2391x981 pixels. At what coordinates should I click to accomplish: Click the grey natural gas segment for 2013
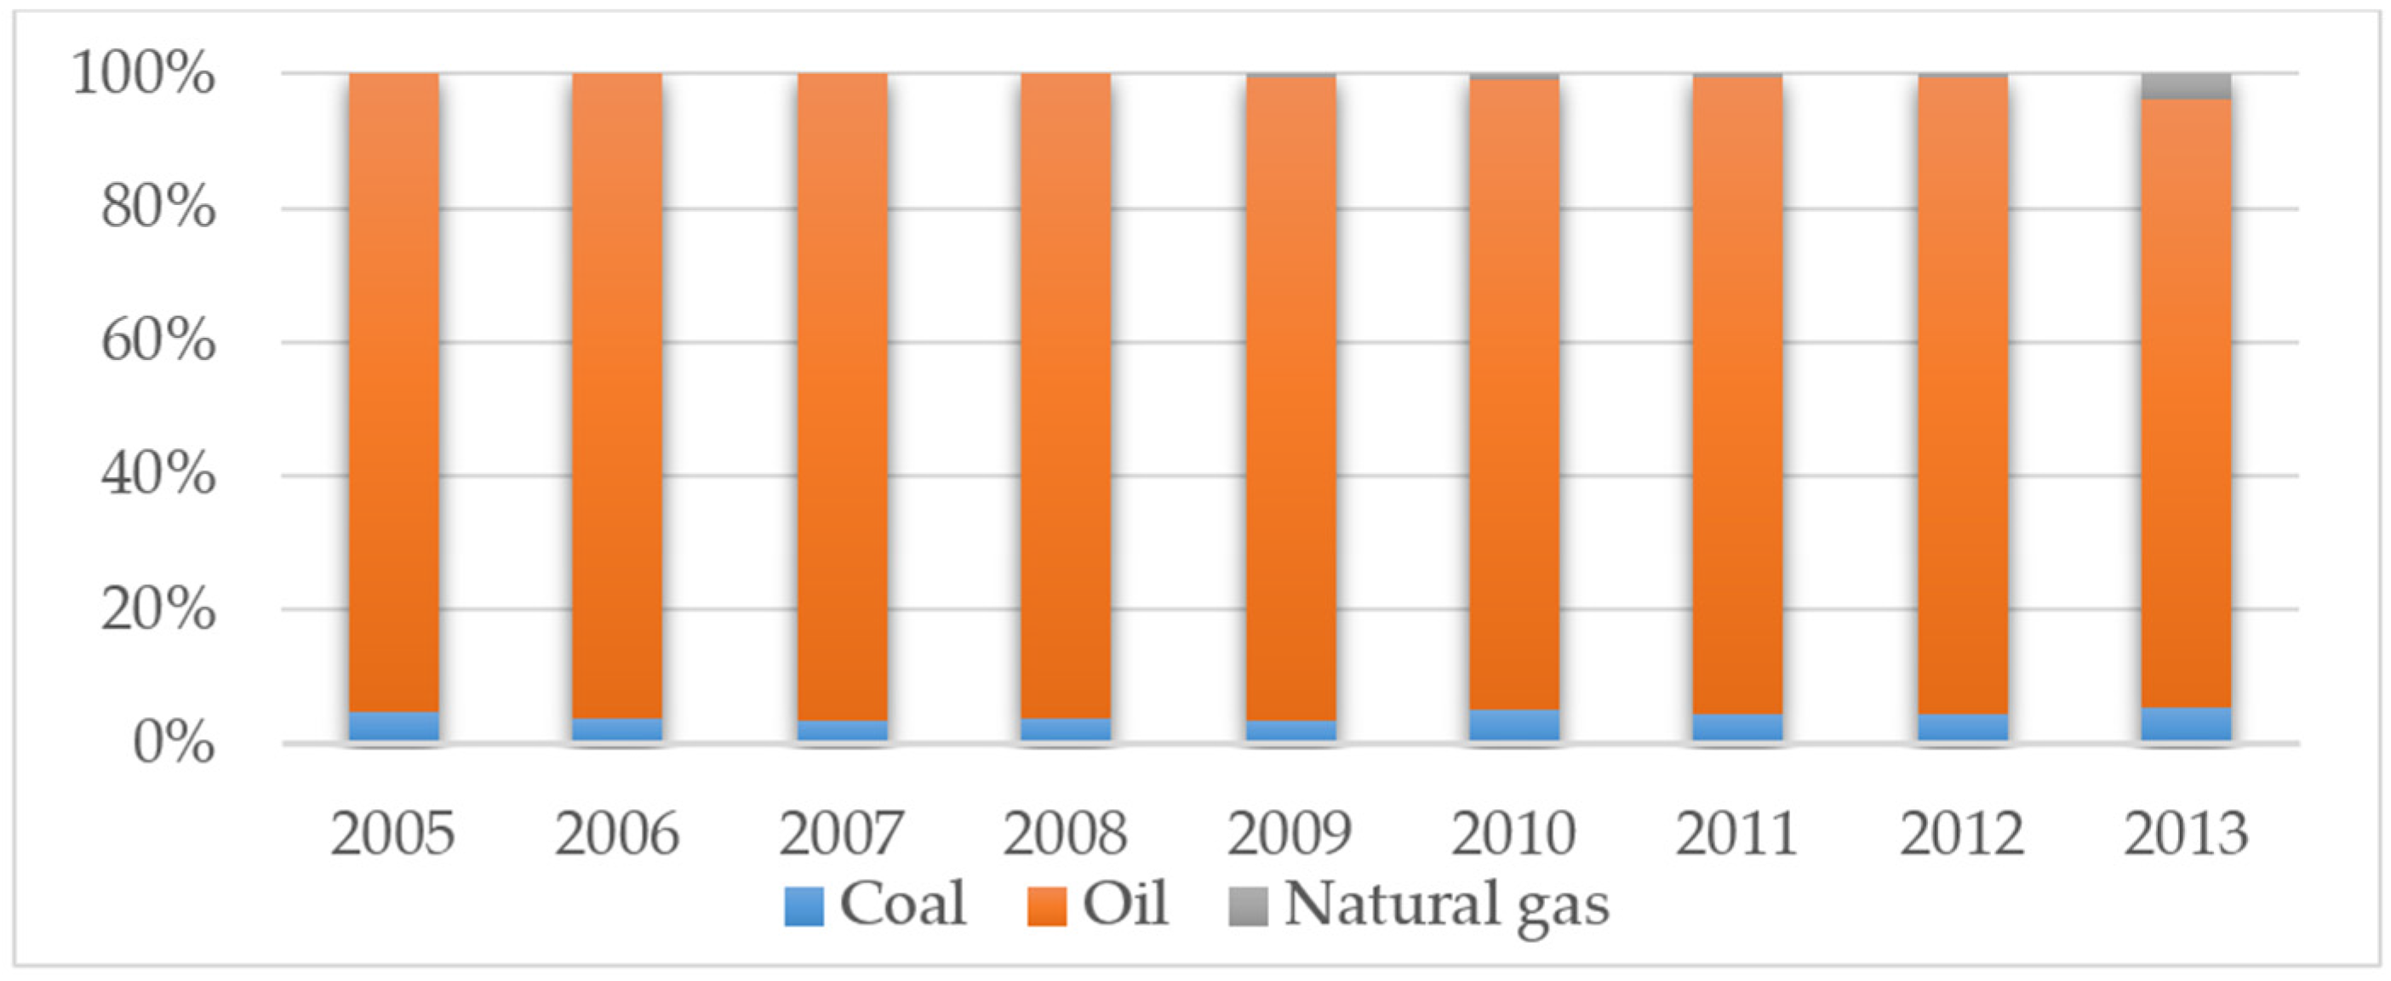click(x=2186, y=86)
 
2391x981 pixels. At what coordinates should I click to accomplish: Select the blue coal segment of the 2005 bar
click(x=393, y=726)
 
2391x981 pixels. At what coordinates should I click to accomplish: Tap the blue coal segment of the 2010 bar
click(x=1514, y=725)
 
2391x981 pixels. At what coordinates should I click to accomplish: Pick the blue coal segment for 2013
click(x=2186, y=724)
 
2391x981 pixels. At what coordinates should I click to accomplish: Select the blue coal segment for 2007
click(x=842, y=730)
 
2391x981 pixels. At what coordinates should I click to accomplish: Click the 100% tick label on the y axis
click(x=144, y=74)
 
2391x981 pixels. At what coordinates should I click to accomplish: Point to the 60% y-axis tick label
click(x=157, y=341)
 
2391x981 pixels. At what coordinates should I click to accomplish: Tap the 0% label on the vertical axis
click(x=174, y=744)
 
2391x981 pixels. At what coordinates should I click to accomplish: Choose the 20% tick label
click(x=157, y=610)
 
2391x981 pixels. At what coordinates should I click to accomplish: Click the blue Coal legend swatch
click(x=804, y=907)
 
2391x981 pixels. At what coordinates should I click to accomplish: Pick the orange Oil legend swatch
click(x=1047, y=907)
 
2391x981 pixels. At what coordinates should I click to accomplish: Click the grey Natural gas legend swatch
click(x=1249, y=907)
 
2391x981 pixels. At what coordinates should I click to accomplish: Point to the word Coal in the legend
click(x=902, y=903)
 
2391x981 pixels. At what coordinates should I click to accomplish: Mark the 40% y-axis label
click(x=157, y=476)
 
